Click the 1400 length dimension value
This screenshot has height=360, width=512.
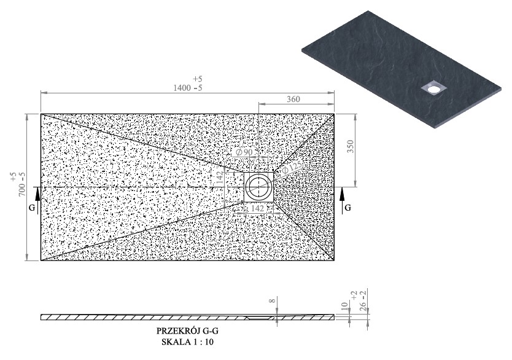pyautogui.click(x=182, y=88)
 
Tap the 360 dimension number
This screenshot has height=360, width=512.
pyautogui.click(x=293, y=99)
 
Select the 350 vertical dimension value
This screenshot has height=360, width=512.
pyautogui.click(x=350, y=147)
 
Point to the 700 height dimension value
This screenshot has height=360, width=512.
pyautogui.click(x=22, y=189)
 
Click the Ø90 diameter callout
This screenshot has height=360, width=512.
pyautogui.click(x=244, y=152)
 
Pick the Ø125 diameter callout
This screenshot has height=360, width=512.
pyautogui.click(x=292, y=167)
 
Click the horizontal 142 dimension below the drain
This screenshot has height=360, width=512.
pyautogui.click(x=258, y=208)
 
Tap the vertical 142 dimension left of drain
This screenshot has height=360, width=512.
pyautogui.click(x=219, y=177)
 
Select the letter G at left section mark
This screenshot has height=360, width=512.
pyautogui.click(x=32, y=208)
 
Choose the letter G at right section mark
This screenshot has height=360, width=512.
pyautogui.click(x=348, y=208)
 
